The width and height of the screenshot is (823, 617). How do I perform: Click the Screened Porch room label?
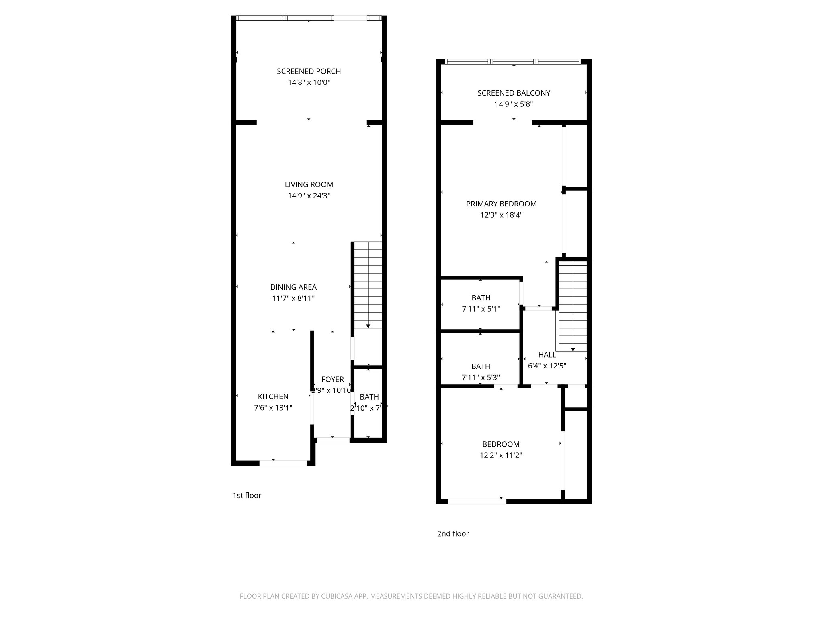coord(309,71)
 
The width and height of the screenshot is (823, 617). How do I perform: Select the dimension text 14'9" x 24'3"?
coord(309,196)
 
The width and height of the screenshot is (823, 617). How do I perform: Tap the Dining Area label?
coord(293,287)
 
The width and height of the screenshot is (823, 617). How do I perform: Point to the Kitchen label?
coord(273,396)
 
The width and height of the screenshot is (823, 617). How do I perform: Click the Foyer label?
coord(333,379)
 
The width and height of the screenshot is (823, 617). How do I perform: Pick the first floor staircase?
coord(368,285)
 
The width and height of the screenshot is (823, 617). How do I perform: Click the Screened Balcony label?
coord(514,93)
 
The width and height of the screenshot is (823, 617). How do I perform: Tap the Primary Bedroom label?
coord(501,204)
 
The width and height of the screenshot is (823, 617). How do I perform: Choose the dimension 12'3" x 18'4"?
coord(501,215)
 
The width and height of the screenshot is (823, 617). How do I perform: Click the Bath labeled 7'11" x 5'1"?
coord(481,298)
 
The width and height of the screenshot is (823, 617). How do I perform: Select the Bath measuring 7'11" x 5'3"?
coord(481,366)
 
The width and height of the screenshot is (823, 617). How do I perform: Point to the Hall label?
coord(547,355)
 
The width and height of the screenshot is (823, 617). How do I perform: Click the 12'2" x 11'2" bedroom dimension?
coord(501,456)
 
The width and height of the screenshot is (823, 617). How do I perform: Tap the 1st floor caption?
coord(247,496)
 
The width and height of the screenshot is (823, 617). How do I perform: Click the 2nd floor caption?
coord(453,534)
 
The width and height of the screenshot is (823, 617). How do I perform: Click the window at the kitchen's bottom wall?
coord(283,463)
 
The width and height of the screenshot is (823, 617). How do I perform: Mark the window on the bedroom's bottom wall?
coord(477,501)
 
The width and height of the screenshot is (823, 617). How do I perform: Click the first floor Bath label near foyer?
coord(369,397)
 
